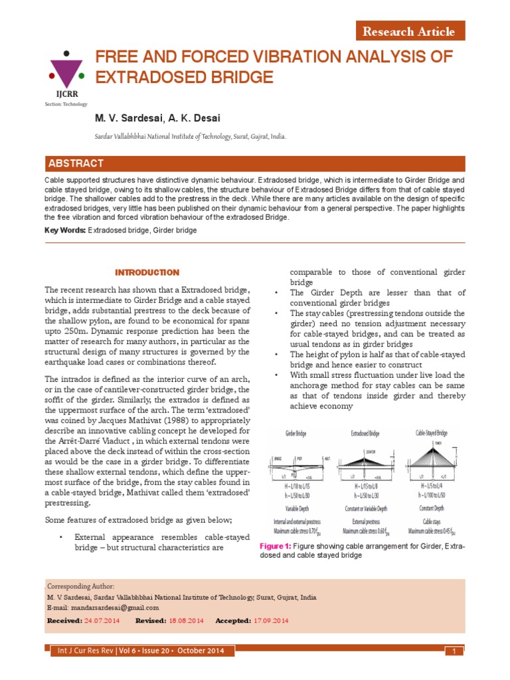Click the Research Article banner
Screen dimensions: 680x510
408,31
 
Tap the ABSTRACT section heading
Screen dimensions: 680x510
74,163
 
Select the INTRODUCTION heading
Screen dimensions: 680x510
147,272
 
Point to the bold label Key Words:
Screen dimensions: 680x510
65,230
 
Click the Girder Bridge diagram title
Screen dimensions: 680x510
299,433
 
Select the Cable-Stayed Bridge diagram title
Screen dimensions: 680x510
432,433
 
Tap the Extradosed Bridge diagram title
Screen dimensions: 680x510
365,433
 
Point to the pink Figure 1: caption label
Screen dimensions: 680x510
276,546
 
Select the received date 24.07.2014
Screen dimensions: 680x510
102,620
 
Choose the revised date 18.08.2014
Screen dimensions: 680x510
186,620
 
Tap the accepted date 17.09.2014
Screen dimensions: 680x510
270,620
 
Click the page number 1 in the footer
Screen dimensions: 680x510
454,651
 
